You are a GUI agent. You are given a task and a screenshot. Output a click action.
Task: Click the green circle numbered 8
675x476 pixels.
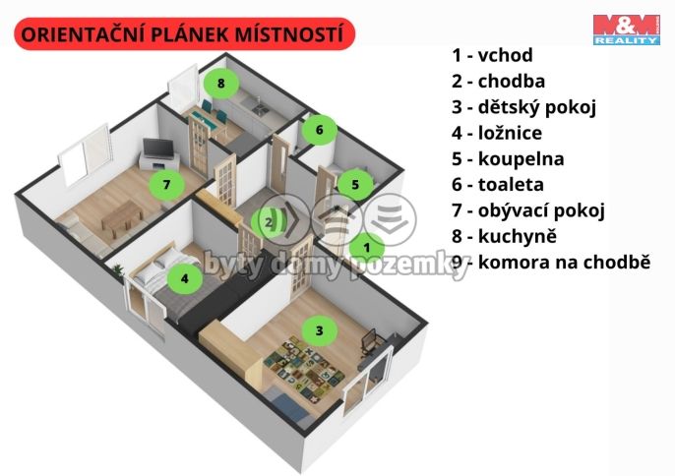point(221,84)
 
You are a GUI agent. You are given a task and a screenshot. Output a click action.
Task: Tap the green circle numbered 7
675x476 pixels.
point(166,183)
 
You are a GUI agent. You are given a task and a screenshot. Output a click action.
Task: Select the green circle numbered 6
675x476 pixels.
point(320,128)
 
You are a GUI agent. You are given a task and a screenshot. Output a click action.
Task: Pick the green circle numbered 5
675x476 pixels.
point(355,183)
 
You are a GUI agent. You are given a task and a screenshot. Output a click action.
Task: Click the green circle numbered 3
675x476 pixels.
point(318,330)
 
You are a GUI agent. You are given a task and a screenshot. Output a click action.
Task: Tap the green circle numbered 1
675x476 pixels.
point(367,247)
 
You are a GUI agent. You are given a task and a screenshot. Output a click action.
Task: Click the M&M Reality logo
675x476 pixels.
point(625,30)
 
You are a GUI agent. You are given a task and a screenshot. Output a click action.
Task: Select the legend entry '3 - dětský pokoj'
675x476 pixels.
point(523,107)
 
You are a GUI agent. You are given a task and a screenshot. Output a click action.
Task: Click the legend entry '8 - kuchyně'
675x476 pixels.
point(504,236)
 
